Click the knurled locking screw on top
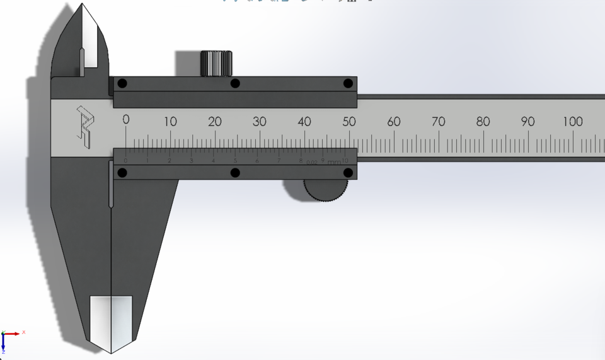click(x=216, y=63)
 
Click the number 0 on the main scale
click(x=126, y=120)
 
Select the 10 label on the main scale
click(x=170, y=121)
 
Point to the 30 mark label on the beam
click(x=260, y=121)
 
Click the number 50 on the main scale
click(x=349, y=121)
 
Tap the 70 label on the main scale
click(x=439, y=121)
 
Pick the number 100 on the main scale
click(x=572, y=121)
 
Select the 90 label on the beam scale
click(x=528, y=121)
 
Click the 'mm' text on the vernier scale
click(x=333, y=163)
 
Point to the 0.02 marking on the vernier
click(x=312, y=163)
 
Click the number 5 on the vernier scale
click(x=235, y=161)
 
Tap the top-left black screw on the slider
click(x=122, y=83)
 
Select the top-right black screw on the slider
click(x=347, y=83)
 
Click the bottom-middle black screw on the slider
click(x=235, y=173)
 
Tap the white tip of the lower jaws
click(x=111, y=322)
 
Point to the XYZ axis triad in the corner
click(x=8, y=339)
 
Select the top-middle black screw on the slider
click(x=235, y=83)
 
